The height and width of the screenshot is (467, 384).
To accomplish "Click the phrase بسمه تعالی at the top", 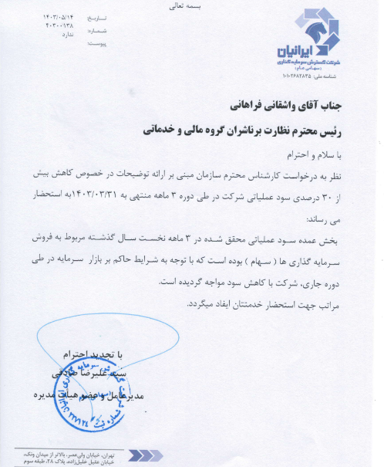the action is pos(190,6).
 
